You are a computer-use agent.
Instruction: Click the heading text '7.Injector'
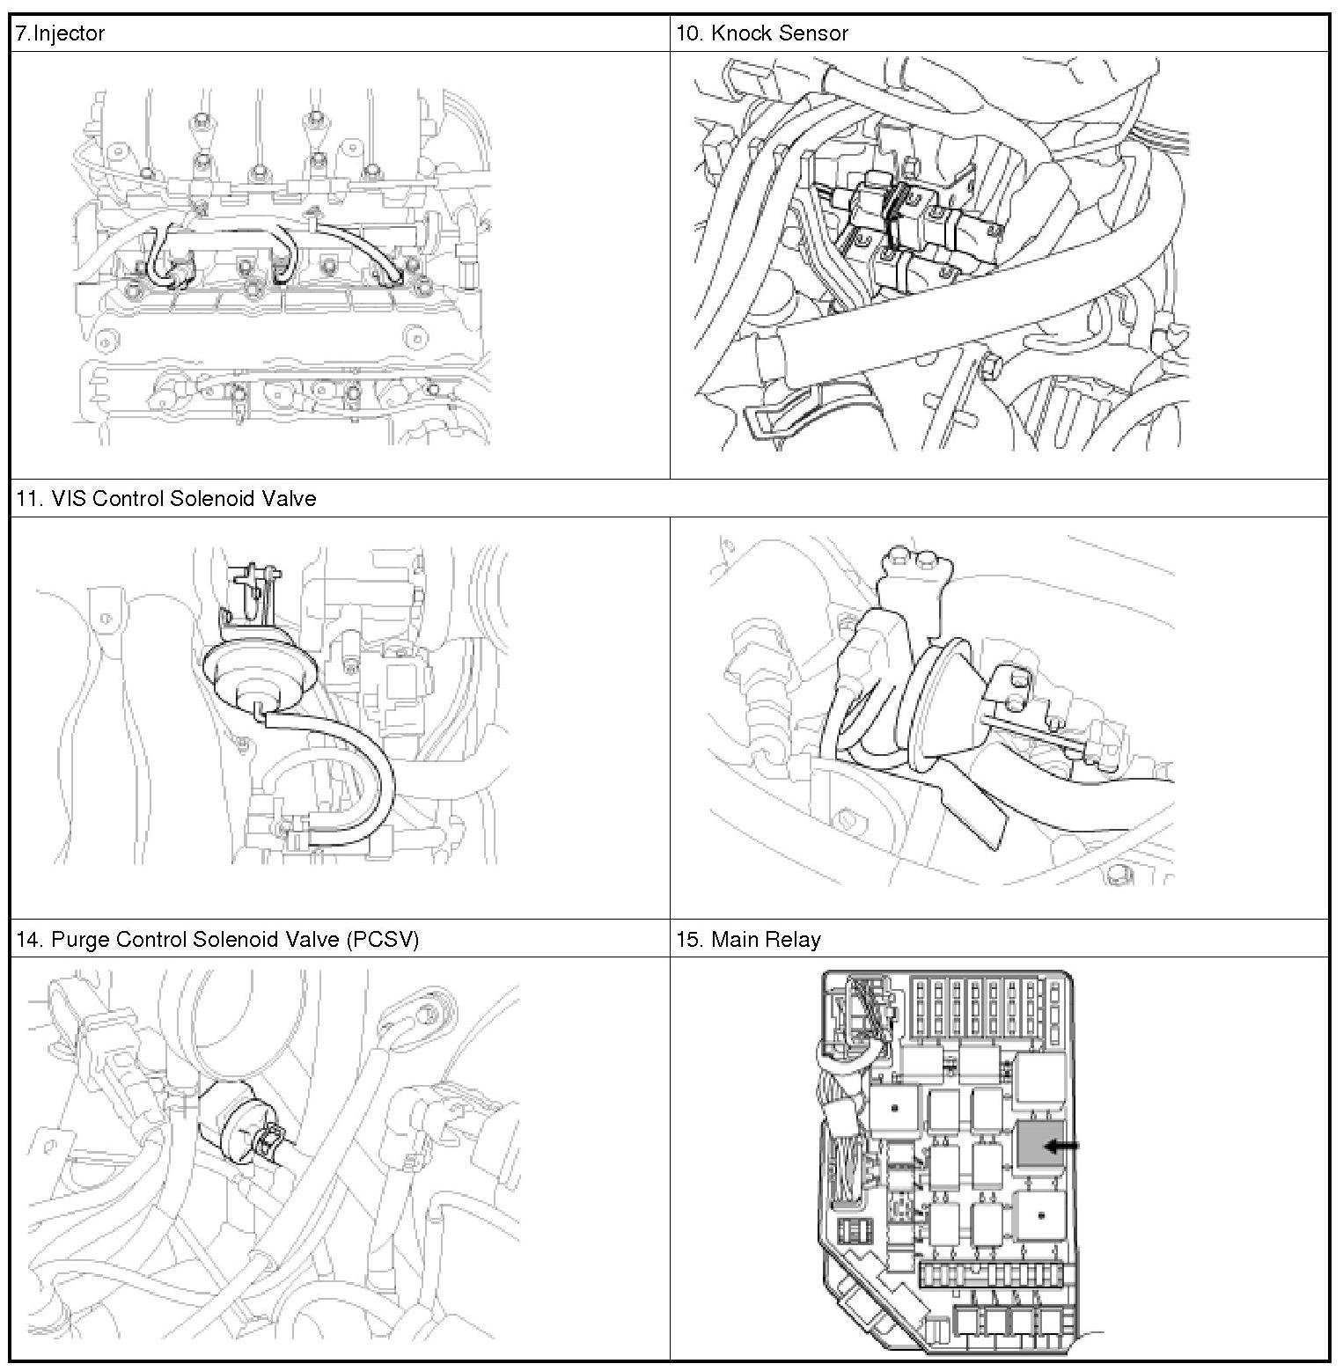coord(60,33)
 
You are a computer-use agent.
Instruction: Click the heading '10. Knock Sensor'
coord(762,33)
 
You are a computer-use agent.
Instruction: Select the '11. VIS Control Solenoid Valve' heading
coord(165,498)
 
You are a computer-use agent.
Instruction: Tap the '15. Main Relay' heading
coord(748,939)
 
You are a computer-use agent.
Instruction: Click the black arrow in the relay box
coord(1061,1146)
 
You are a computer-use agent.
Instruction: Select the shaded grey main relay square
coord(1040,1145)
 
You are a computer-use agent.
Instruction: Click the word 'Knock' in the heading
coord(741,33)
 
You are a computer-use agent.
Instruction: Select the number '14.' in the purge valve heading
coord(30,939)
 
